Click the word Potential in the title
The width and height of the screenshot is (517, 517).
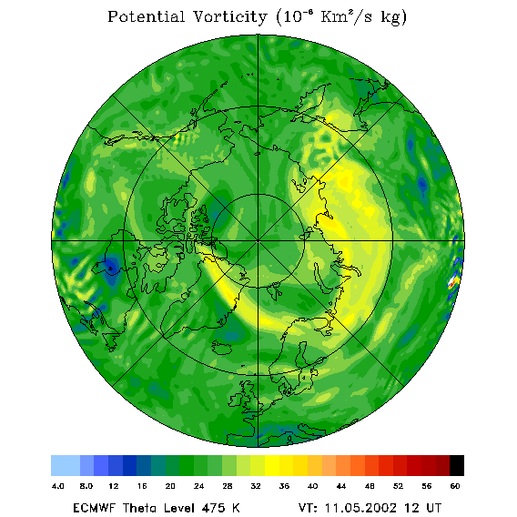146,16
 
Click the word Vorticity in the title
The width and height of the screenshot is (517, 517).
229,16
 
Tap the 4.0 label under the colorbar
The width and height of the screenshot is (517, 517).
58,486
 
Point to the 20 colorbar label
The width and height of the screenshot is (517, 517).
170,486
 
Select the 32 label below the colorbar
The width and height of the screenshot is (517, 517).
256,486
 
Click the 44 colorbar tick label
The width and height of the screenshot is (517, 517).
341,486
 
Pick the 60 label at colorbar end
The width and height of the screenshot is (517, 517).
455,486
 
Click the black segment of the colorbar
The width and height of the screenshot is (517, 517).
457,465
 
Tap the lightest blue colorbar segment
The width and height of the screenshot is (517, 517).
66,465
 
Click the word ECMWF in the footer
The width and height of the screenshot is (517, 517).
94,508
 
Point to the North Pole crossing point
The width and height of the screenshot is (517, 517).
258,241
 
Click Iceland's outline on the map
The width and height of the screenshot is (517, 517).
224,347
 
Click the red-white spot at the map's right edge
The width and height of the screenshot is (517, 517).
453,281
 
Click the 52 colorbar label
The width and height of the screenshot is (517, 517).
398,486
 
